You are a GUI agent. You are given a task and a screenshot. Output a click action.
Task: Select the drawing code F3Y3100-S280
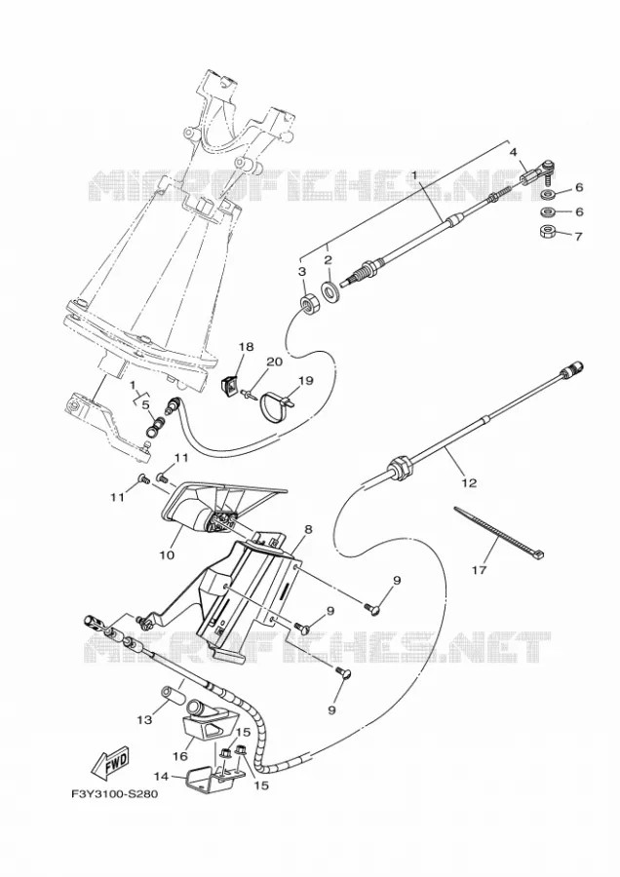click(114, 793)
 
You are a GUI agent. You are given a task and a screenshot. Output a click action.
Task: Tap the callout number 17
click(480, 570)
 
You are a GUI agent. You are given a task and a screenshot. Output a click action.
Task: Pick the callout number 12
click(469, 482)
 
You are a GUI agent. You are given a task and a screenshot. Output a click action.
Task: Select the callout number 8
click(308, 528)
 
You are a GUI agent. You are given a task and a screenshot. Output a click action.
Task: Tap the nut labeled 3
click(308, 306)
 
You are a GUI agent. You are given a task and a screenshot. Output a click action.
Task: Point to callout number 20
click(274, 362)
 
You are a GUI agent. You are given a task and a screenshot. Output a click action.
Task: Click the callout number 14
click(161, 776)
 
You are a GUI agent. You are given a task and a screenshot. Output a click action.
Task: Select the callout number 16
click(179, 756)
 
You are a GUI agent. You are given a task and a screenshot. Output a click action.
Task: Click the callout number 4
click(513, 152)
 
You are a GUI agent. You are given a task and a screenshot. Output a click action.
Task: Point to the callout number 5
click(145, 404)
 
